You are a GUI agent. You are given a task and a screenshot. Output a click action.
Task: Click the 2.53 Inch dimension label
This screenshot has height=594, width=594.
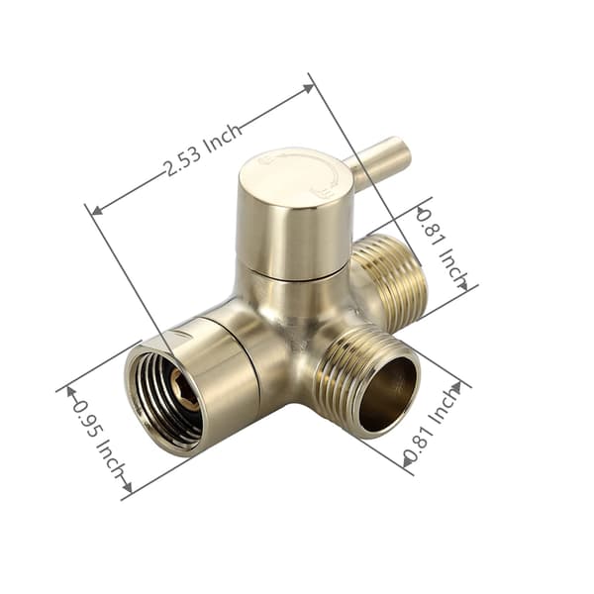click(203, 149)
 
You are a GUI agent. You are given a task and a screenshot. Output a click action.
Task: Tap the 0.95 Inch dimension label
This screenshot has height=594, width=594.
click(98, 441)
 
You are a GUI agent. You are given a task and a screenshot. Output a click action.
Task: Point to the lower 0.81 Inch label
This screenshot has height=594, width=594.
click(431, 425)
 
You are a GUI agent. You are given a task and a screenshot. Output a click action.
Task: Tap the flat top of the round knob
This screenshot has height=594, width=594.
click(295, 177)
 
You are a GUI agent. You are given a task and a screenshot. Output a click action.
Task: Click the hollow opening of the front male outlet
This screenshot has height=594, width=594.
click(389, 393)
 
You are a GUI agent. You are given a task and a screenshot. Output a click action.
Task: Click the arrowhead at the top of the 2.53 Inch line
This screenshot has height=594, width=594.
click(308, 88)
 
